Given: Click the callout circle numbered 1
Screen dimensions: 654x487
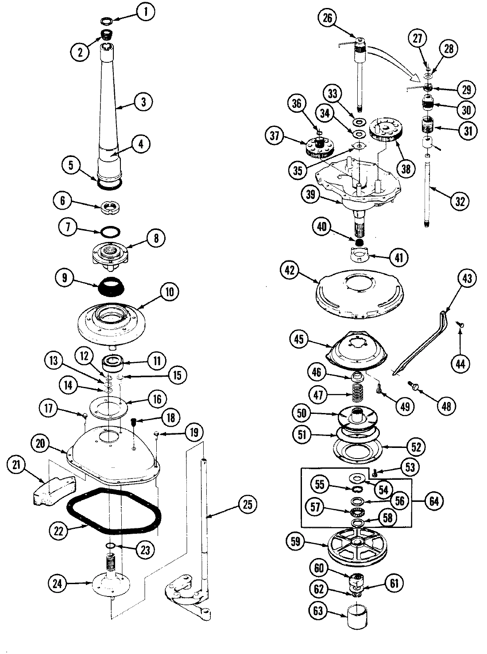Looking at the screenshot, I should (x=146, y=12).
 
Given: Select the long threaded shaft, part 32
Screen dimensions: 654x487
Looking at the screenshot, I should (x=428, y=195).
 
